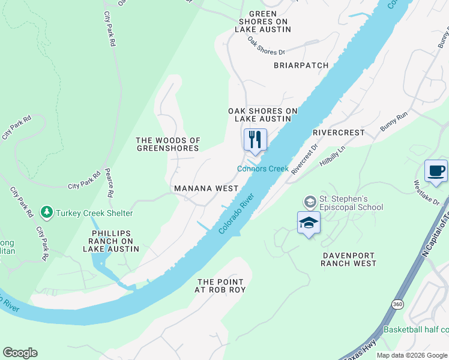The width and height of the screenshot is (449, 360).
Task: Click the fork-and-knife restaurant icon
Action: pos(255,140)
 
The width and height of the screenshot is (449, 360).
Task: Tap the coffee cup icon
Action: pos(436,170)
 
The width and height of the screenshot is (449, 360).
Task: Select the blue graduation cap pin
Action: pos(309,223)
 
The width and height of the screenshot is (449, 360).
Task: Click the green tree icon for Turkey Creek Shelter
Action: pos(46,212)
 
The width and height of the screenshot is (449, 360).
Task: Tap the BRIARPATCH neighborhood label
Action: pos(301,65)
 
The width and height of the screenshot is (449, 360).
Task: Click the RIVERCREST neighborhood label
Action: pos(339,132)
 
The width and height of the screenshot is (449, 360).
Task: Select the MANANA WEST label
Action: pos(206,188)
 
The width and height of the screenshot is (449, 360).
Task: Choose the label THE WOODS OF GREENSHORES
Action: pos(168,144)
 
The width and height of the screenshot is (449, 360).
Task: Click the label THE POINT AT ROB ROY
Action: pos(220,286)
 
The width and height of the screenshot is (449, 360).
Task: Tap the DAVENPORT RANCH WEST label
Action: pos(340,259)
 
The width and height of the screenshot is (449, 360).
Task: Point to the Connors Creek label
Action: pos(263,169)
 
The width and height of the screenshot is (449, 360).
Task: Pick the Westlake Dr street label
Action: pos(427,185)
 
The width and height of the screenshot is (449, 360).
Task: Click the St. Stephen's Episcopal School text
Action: pos(351,203)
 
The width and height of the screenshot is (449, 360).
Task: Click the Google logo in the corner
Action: pos(20,353)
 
